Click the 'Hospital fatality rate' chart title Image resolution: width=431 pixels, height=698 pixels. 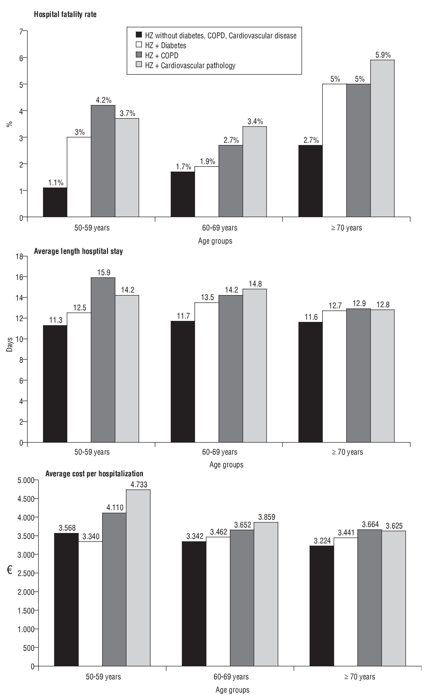pos(65,14)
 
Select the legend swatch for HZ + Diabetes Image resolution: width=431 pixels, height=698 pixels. pos(139,45)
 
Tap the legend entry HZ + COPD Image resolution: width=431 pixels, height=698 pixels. pos(162,55)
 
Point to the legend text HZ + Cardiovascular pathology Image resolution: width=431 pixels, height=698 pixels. pos(190,66)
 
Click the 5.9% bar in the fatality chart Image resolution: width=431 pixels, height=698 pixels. pos(382,138)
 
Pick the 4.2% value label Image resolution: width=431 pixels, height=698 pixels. pos(103,100)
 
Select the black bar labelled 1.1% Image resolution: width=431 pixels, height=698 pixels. pos(55,202)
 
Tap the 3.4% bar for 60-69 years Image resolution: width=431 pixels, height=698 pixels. pos(254,171)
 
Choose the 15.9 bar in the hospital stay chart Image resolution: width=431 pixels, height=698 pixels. pos(103,360)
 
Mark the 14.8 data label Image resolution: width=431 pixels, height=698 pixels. pos(255,284)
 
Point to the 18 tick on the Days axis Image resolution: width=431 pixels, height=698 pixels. pos(19,257)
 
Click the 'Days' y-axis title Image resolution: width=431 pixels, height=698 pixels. pos(10,344)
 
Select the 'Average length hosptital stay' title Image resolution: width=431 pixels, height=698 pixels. pos(78,251)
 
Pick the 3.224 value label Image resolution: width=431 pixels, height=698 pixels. pos(322,540)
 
